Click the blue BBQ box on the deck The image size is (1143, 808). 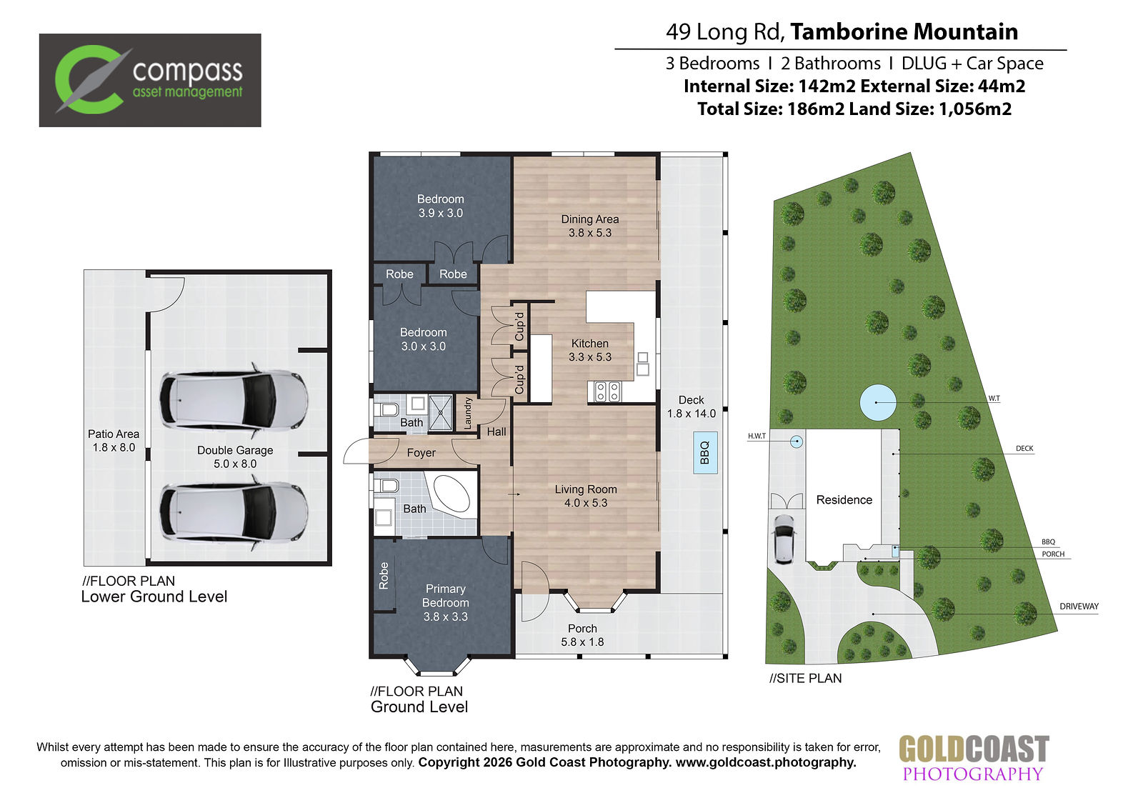[x=705, y=453]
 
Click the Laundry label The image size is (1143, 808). [x=467, y=414]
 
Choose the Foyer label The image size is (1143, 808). [x=421, y=453]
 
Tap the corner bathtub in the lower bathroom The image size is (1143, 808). [x=451, y=494]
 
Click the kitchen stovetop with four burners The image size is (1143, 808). [x=607, y=391]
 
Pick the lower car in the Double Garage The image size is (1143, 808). [x=234, y=512]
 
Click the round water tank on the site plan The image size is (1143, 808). [x=878, y=402]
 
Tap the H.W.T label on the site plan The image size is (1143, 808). [x=757, y=436]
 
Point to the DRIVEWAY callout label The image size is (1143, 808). [x=1079, y=607]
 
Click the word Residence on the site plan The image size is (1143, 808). [x=844, y=499]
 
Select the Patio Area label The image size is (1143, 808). [x=114, y=441]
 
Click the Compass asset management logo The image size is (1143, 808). [x=150, y=80]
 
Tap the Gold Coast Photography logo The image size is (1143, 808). [x=973, y=759]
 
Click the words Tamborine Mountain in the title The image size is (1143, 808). [x=904, y=31]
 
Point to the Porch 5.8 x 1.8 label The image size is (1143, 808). [x=582, y=635]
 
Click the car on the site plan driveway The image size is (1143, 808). [x=784, y=539]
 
